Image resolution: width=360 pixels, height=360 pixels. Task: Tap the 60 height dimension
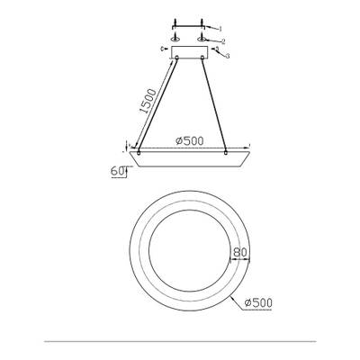point(117,170)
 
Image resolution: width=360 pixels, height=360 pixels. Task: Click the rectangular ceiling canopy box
point(191,50)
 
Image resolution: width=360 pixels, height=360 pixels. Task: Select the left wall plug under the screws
point(176,39)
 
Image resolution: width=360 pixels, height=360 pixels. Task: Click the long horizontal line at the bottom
point(180,342)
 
